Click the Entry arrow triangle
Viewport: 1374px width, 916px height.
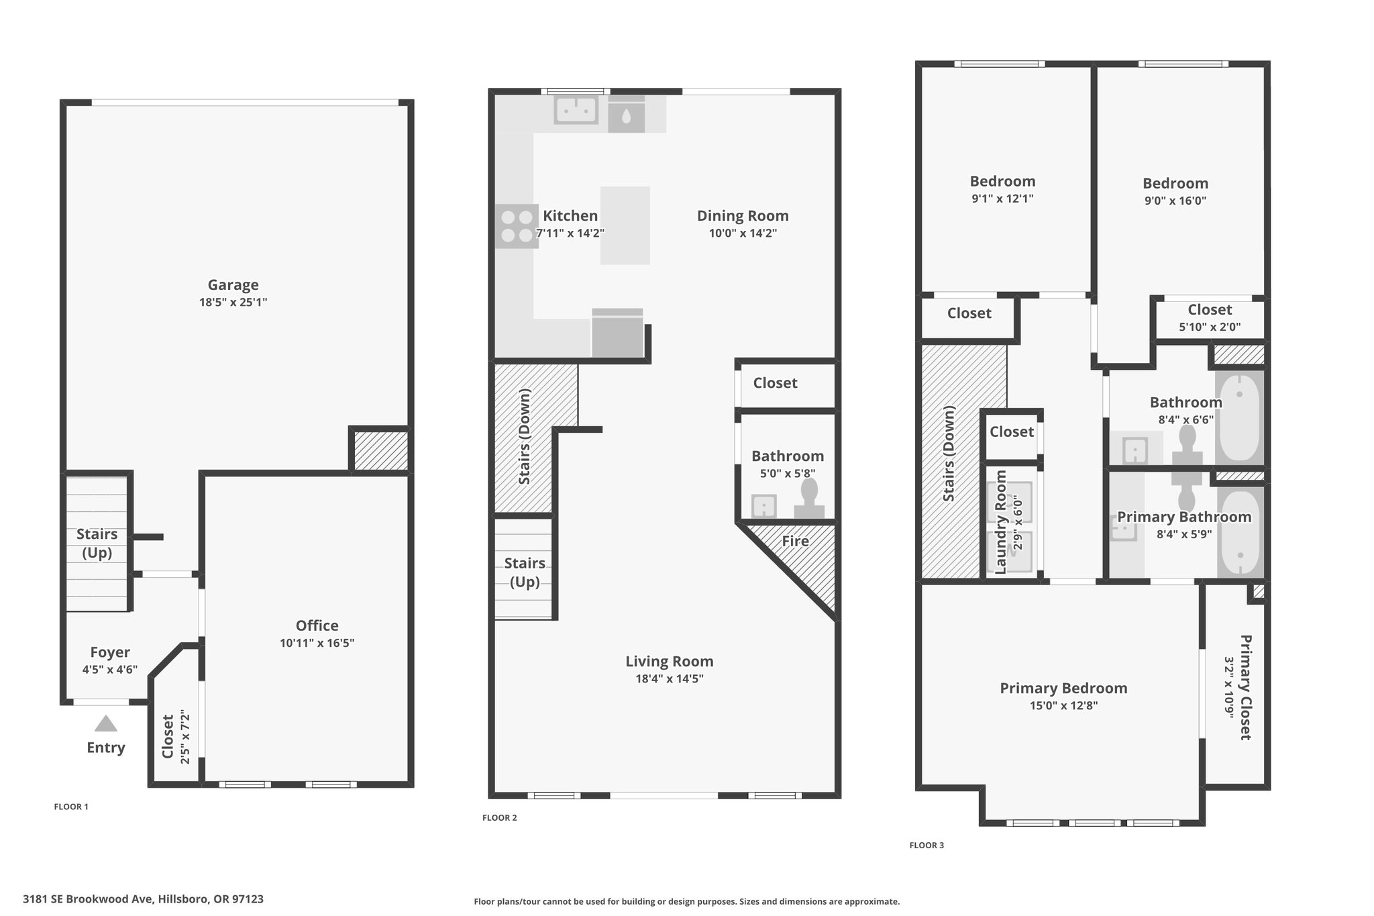pos(106,723)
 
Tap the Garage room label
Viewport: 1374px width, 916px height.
pos(233,285)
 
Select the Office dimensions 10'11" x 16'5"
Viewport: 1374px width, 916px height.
pos(317,643)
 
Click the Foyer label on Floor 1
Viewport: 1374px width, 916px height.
pos(110,652)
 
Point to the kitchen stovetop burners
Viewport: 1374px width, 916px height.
pos(517,226)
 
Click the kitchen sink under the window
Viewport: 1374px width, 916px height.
pos(576,110)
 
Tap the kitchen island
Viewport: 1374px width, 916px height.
pos(625,225)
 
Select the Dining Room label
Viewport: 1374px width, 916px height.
pos(743,216)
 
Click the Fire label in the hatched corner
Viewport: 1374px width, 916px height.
pos(795,541)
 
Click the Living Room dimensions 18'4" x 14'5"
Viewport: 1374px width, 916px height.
pos(670,678)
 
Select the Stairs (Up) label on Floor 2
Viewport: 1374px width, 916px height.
pos(525,572)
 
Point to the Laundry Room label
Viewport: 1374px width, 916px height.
pos(1000,522)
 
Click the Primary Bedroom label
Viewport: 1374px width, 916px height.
pos(1063,689)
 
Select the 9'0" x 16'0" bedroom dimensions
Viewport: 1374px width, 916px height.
pos(1175,200)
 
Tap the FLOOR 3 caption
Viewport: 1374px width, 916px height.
pos(927,846)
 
